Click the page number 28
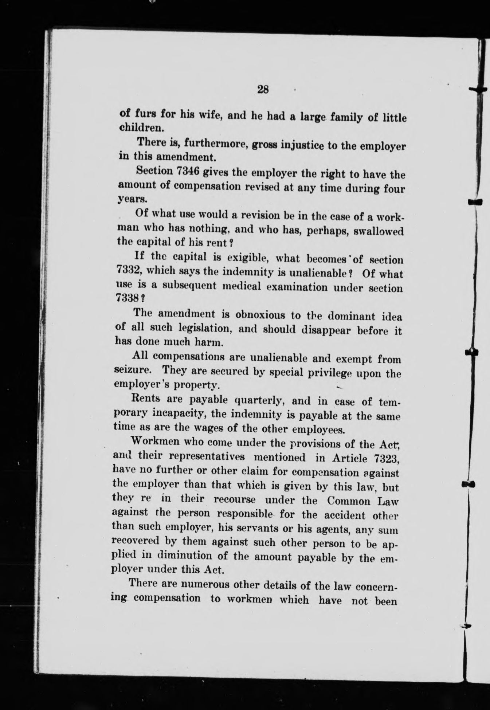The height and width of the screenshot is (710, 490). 262,89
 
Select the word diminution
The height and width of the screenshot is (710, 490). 190,556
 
